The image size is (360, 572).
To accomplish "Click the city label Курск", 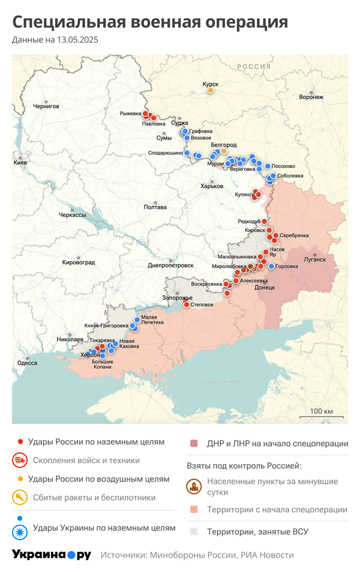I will coord(210,85).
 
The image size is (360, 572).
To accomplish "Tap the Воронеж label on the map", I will coord(311,97).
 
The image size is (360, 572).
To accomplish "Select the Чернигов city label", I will coord(46,106).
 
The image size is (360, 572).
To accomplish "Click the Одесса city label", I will coord(27,363).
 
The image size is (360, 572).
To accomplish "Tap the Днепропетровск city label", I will coord(170,265).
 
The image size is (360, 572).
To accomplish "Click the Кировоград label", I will coord(79,262).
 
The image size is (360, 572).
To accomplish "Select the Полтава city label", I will coord(155,207).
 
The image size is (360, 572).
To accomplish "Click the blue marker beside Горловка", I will coord(271,266).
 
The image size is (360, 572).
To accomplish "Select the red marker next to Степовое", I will coord(187,305).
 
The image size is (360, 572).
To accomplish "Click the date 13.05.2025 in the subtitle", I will coord(77,40).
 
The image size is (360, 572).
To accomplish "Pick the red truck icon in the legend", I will coord(20,460).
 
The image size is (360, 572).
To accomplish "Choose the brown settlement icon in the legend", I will coord(194,486).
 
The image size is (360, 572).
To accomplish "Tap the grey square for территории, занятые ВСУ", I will coord(194,531).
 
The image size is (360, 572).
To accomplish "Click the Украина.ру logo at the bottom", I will coord(52,555).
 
